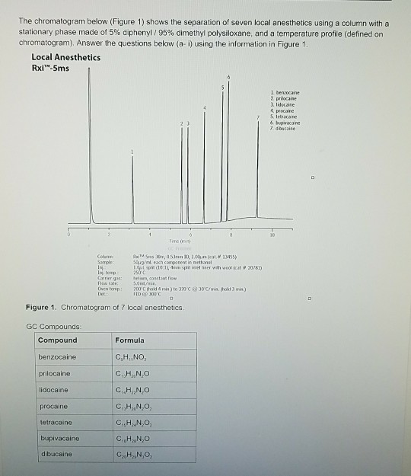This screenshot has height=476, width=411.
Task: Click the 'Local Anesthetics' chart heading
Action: click(x=65, y=57)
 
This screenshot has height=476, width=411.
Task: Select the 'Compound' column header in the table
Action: click(x=58, y=339)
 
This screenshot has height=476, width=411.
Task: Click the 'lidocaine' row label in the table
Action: click(x=56, y=389)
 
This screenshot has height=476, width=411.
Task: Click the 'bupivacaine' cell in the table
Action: click(x=61, y=439)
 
